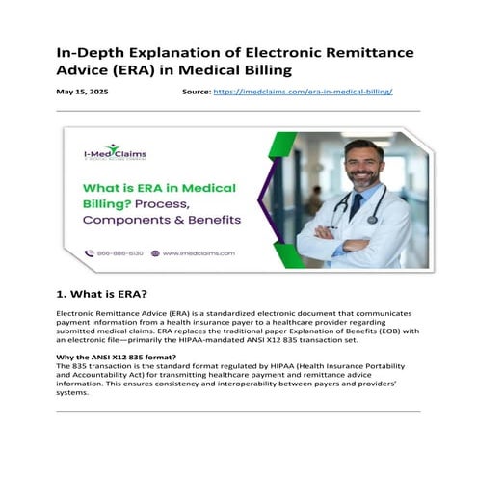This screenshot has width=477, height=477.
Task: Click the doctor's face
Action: point(361,164)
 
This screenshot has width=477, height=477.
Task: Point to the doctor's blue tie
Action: point(357,208)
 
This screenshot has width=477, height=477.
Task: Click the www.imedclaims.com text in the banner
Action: point(198,253)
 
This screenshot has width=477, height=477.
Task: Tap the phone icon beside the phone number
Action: point(90,253)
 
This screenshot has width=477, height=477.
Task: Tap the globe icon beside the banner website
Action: point(155,253)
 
